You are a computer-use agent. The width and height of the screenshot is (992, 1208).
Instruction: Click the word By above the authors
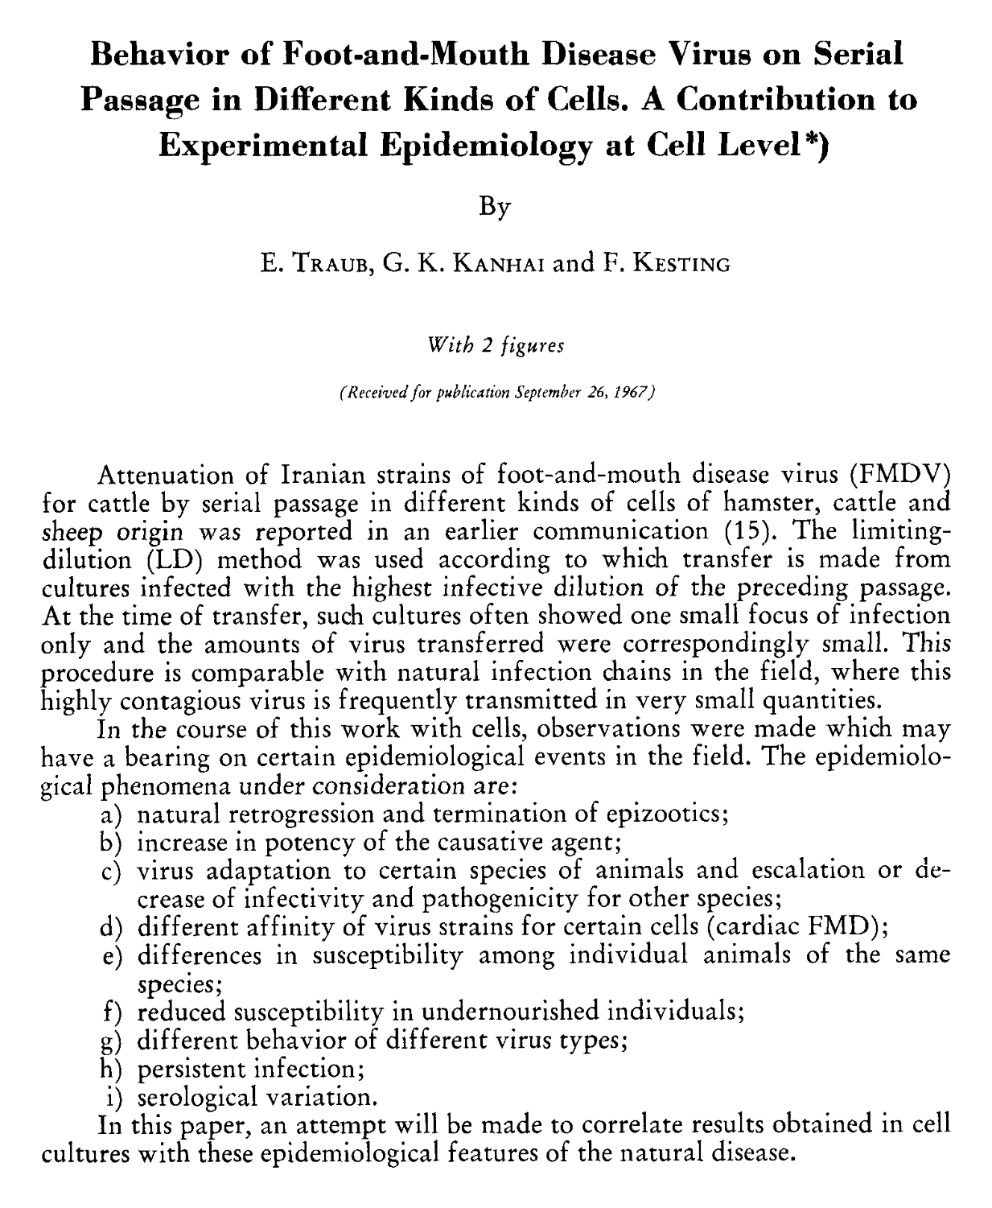(x=495, y=208)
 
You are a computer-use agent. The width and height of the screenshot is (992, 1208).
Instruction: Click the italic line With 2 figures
(x=496, y=345)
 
